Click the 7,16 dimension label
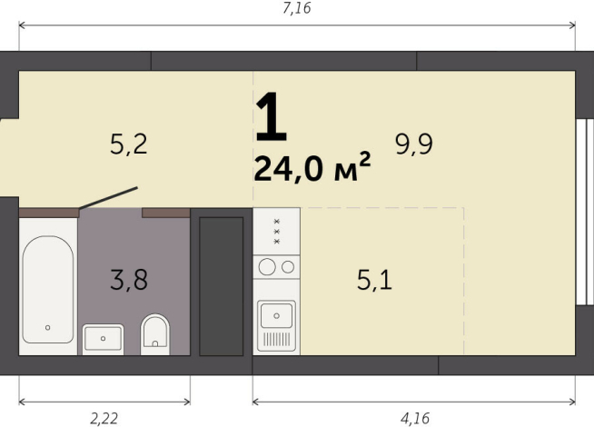pos(298,10)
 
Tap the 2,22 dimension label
pos(104,418)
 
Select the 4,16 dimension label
pos(414,418)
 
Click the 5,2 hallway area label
pos(129,144)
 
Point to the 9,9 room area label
pos(414,144)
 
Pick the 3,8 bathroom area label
pos(129,280)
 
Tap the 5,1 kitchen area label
pos(374,280)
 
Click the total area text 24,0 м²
pos(312,169)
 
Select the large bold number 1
pos(271,118)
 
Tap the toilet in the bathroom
pos(156,333)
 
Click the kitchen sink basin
pos(276,315)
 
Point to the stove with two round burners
pos(276,266)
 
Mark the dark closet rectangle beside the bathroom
pos(221,284)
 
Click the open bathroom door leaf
pos(109,198)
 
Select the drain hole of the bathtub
pos(47,327)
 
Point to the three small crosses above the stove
pos(276,231)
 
